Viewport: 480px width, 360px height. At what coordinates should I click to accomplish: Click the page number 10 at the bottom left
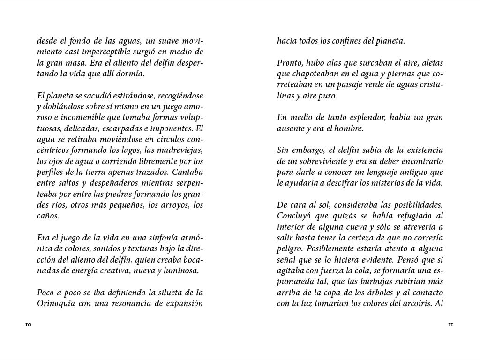pyautogui.click(x=28, y=324)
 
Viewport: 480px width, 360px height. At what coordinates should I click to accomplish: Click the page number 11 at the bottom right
pyautogui.click(x=451, y=324)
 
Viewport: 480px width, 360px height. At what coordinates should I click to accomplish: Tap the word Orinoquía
pyautogui.click(x=58, y=303)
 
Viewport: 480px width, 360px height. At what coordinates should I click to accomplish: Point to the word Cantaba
pyautogui.click(x=187, y=172)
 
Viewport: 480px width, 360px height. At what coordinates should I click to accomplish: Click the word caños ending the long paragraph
pyautogui.click(x=47, y=216)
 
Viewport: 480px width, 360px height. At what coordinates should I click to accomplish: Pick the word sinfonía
pyautogui.click(x=169, y=238)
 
